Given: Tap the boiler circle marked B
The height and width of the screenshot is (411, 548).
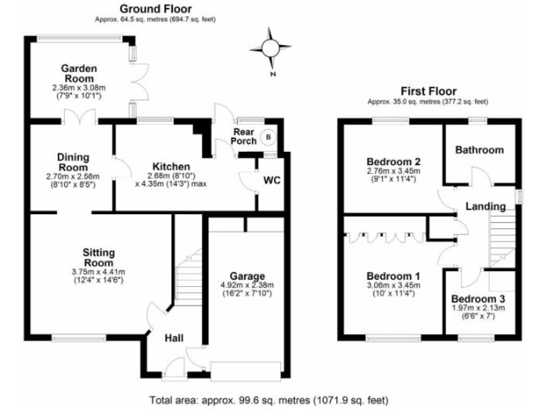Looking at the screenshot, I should (x=269, y=137).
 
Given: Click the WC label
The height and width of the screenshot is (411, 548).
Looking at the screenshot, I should (x=272, y=180).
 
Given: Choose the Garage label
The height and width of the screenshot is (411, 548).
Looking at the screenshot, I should (x=247, y=276).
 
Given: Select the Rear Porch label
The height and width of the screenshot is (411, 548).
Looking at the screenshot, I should (x=243, y=136).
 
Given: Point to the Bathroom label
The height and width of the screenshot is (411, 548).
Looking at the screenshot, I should (x=479, y=150).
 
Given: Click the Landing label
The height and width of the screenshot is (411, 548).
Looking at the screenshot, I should (x=486, y=207).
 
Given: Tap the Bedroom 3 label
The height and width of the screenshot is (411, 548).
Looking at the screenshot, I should (x=477, y=298).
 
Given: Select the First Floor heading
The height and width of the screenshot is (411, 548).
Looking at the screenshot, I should (x=428, y=91).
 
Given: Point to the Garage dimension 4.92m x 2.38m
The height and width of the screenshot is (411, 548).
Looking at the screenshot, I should (x=247, y=285).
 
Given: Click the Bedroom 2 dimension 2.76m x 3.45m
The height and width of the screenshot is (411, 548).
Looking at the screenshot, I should (x=391, y=171).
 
